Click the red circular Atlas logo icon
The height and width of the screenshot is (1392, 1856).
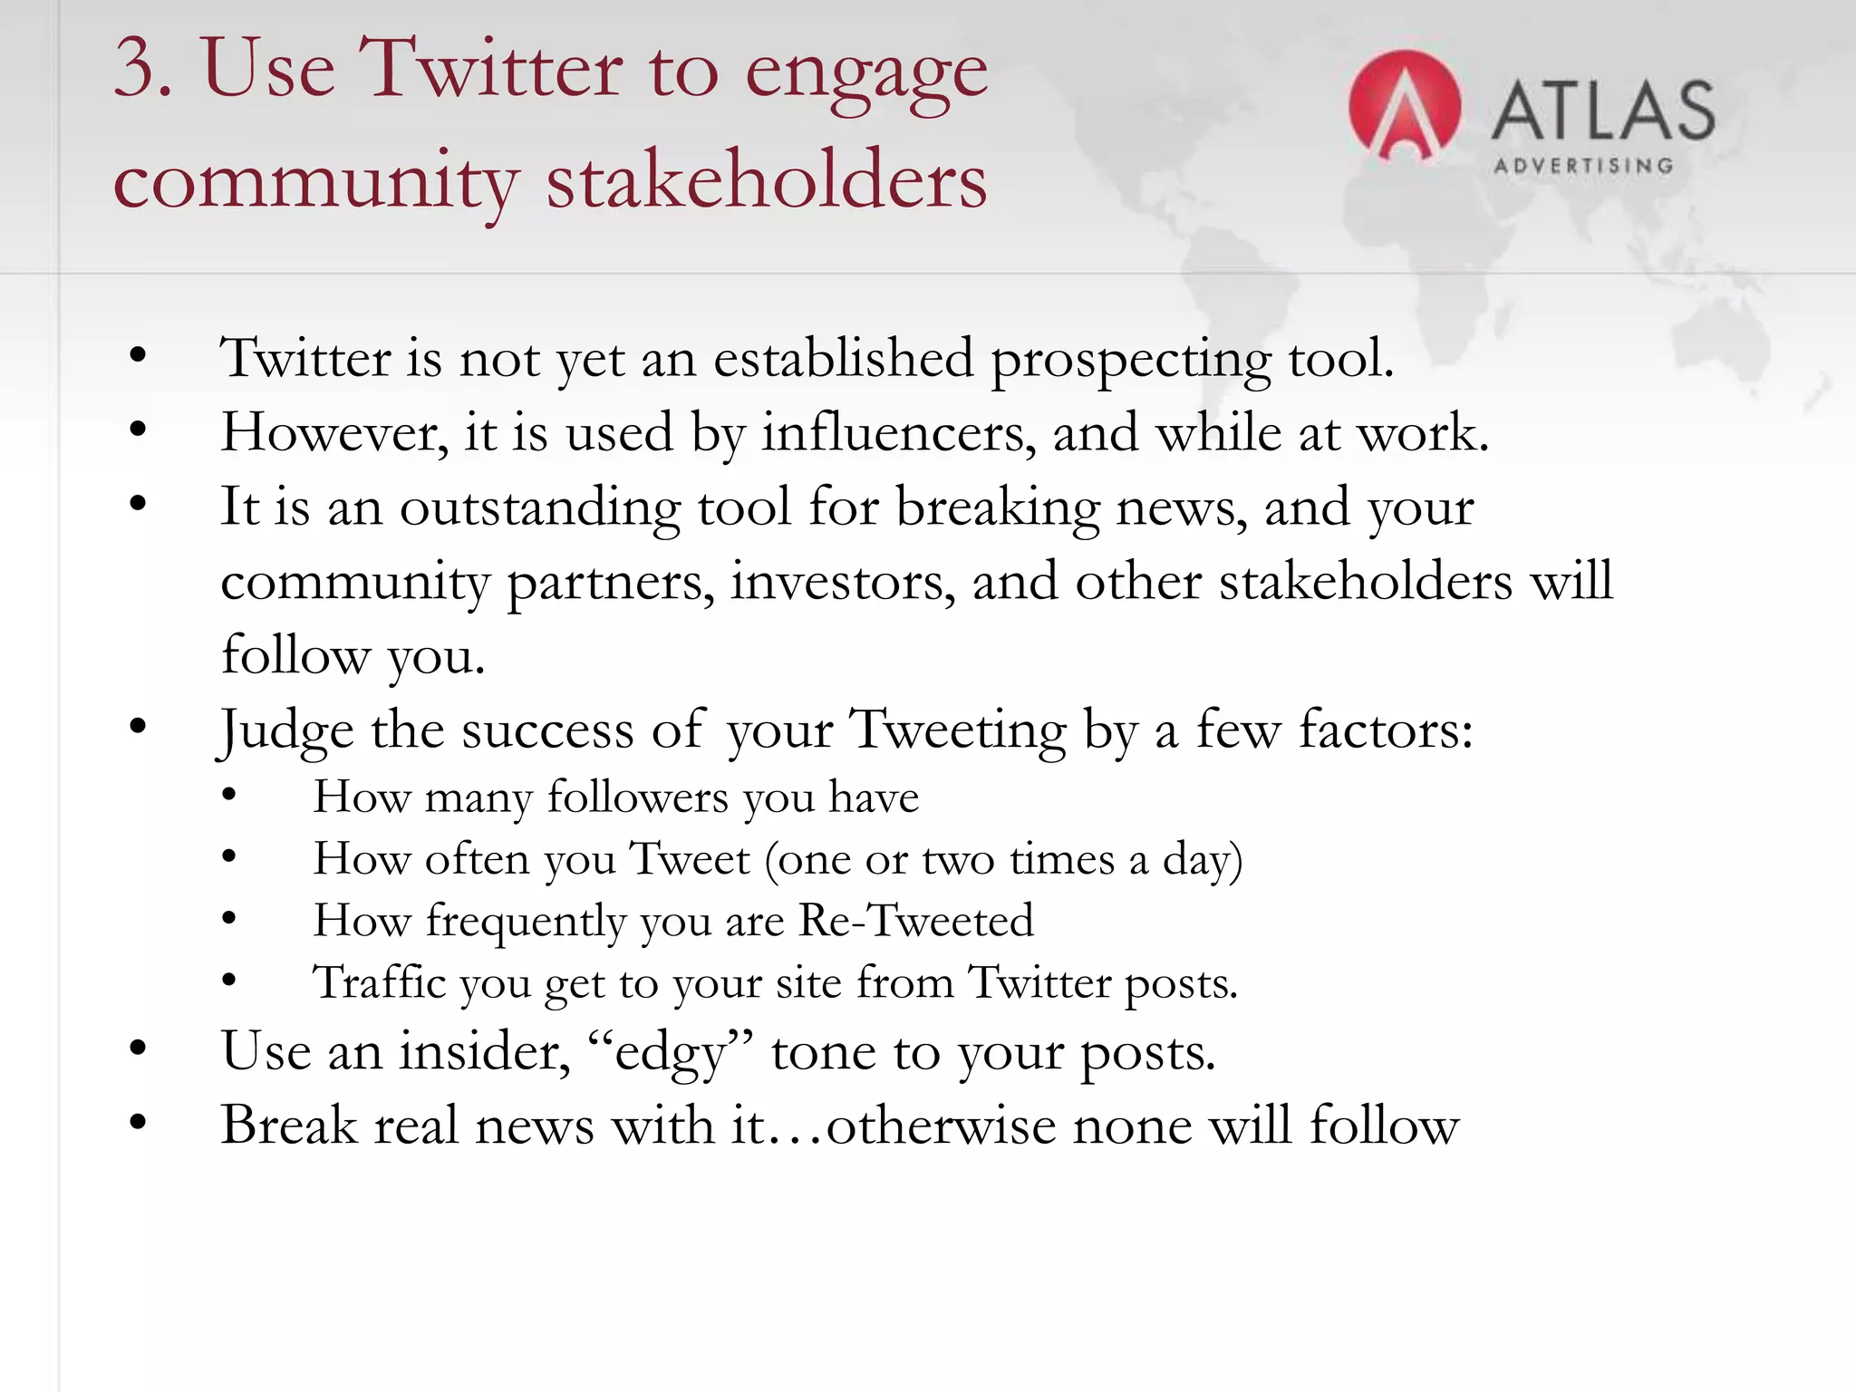(1404, 107)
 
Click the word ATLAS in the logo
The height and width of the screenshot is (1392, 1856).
(1603, 111)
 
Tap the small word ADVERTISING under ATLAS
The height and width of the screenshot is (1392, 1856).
(1583, 166)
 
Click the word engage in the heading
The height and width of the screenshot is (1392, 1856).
(865, 72)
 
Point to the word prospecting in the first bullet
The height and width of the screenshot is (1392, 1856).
(1131, 360)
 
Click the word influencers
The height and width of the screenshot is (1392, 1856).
(898, 433)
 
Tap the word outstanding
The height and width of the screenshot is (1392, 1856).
(540, 507)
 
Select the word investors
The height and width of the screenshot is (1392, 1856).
(843, 582)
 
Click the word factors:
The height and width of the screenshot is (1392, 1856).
(1386, 730)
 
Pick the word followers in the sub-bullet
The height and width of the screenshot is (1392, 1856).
(637, 798)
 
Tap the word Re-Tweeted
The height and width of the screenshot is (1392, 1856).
(915, 922)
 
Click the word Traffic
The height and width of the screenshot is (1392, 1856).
(379, 983)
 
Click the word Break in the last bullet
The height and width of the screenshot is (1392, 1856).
(289, 1126)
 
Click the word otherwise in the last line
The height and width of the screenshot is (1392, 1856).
(941, 1126)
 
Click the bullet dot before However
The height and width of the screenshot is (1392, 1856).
(138, 430)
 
